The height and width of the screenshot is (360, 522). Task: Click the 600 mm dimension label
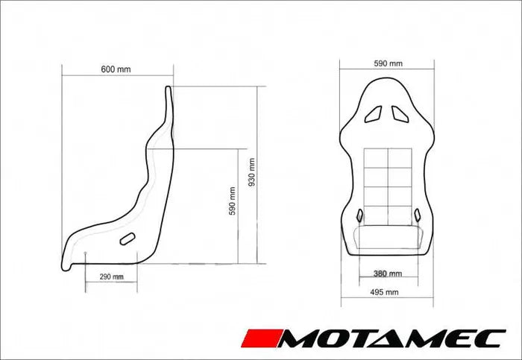tap(116, 69)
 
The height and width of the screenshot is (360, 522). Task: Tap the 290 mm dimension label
tap(112, 277)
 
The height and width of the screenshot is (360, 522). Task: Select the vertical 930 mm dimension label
tap(252, 172)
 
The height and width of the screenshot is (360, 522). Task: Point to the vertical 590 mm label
tap(233, 201)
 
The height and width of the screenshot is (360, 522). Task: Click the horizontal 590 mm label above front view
tap(389, 63)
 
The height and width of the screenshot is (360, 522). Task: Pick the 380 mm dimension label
tap(388, 274)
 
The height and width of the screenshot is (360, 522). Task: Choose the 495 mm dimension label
tap(384, 292)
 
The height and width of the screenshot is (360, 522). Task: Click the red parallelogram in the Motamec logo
tap(262, 338)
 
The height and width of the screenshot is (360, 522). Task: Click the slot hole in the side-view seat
tap(128, 239)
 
